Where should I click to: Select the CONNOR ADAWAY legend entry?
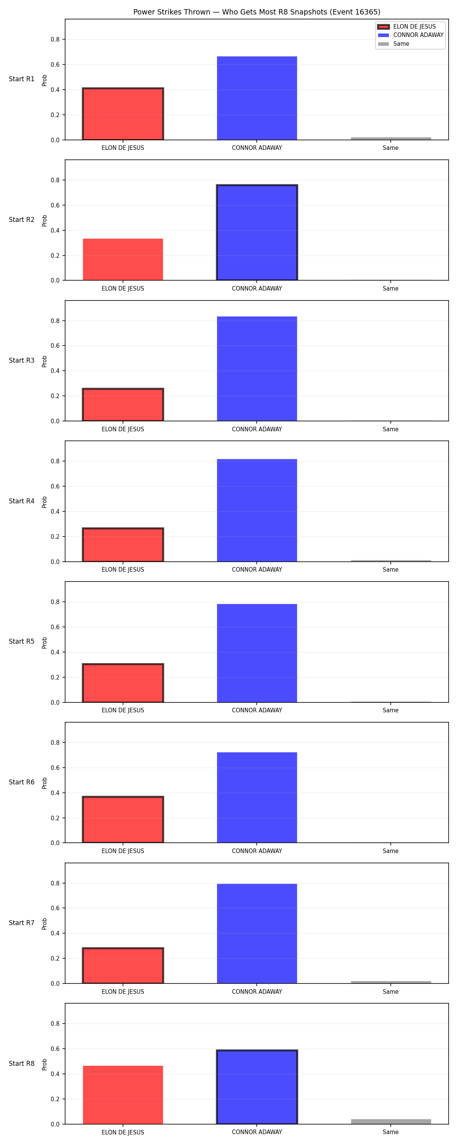(411, 35)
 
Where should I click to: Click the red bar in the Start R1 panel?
(123, 114)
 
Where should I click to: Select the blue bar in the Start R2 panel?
(257, 232)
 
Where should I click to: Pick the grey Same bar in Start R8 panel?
(391, 1122)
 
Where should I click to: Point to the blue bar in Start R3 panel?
(257, 369)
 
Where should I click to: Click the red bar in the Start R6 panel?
(123, 819)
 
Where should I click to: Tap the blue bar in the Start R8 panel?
(257, 1087)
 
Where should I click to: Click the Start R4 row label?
(22, 501)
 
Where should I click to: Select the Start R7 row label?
(22, 923)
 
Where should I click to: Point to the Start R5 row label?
(22, 641)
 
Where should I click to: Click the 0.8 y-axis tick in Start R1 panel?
(55, 40)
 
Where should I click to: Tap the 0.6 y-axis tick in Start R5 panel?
(55, 627)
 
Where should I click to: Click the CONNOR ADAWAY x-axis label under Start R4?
(257, 569)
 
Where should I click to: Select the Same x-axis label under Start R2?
(390, 288)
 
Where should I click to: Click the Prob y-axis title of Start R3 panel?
(45, 361)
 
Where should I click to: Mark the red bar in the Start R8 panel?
(123, 1095)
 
